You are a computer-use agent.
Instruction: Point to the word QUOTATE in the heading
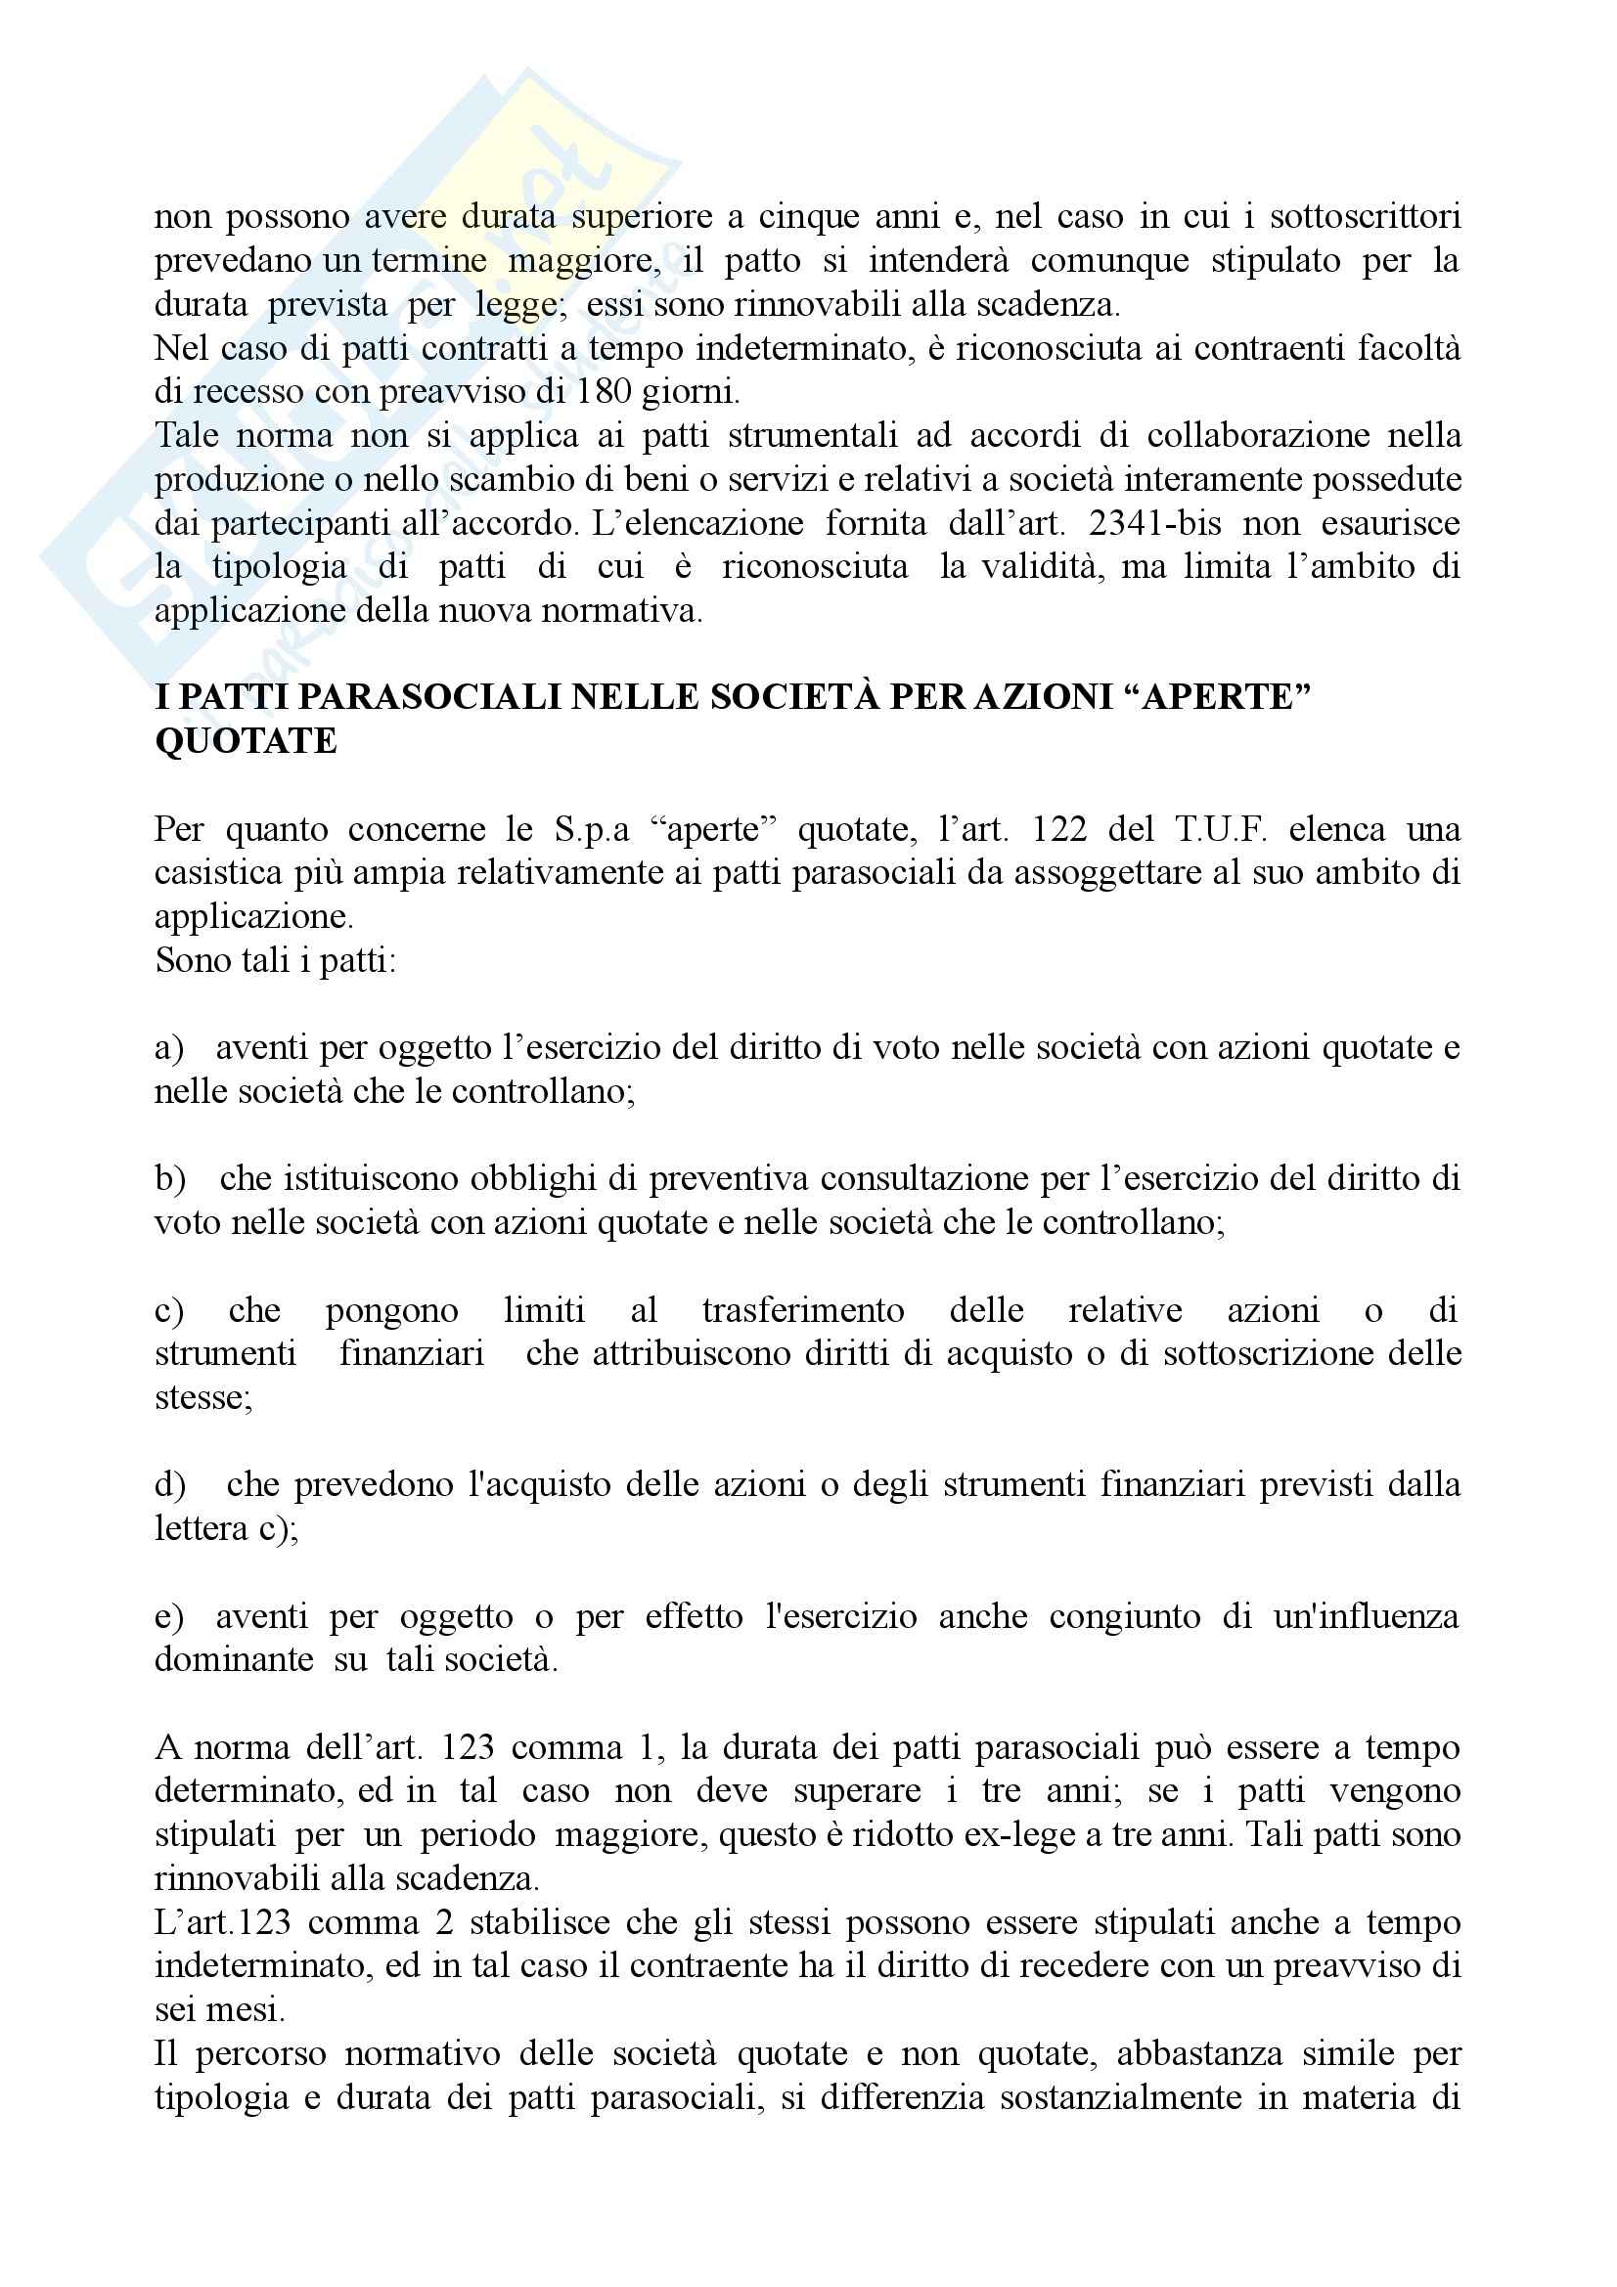pyautogui.click(x=247, y=741)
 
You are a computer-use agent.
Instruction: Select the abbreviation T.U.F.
pyautogui.click(x=1221, y=829)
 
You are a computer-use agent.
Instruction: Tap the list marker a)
pyautogui.click(x=168, y=1048)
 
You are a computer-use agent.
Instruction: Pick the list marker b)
pyautogui.click(x=169, y=1178)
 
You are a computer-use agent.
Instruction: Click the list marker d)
pyautogui.click(x=169, y=1484)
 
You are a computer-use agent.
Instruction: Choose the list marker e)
pyautogui.click(x=168, y=1615)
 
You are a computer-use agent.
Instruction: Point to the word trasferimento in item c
pyautogui.click(x=802, y=1310)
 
